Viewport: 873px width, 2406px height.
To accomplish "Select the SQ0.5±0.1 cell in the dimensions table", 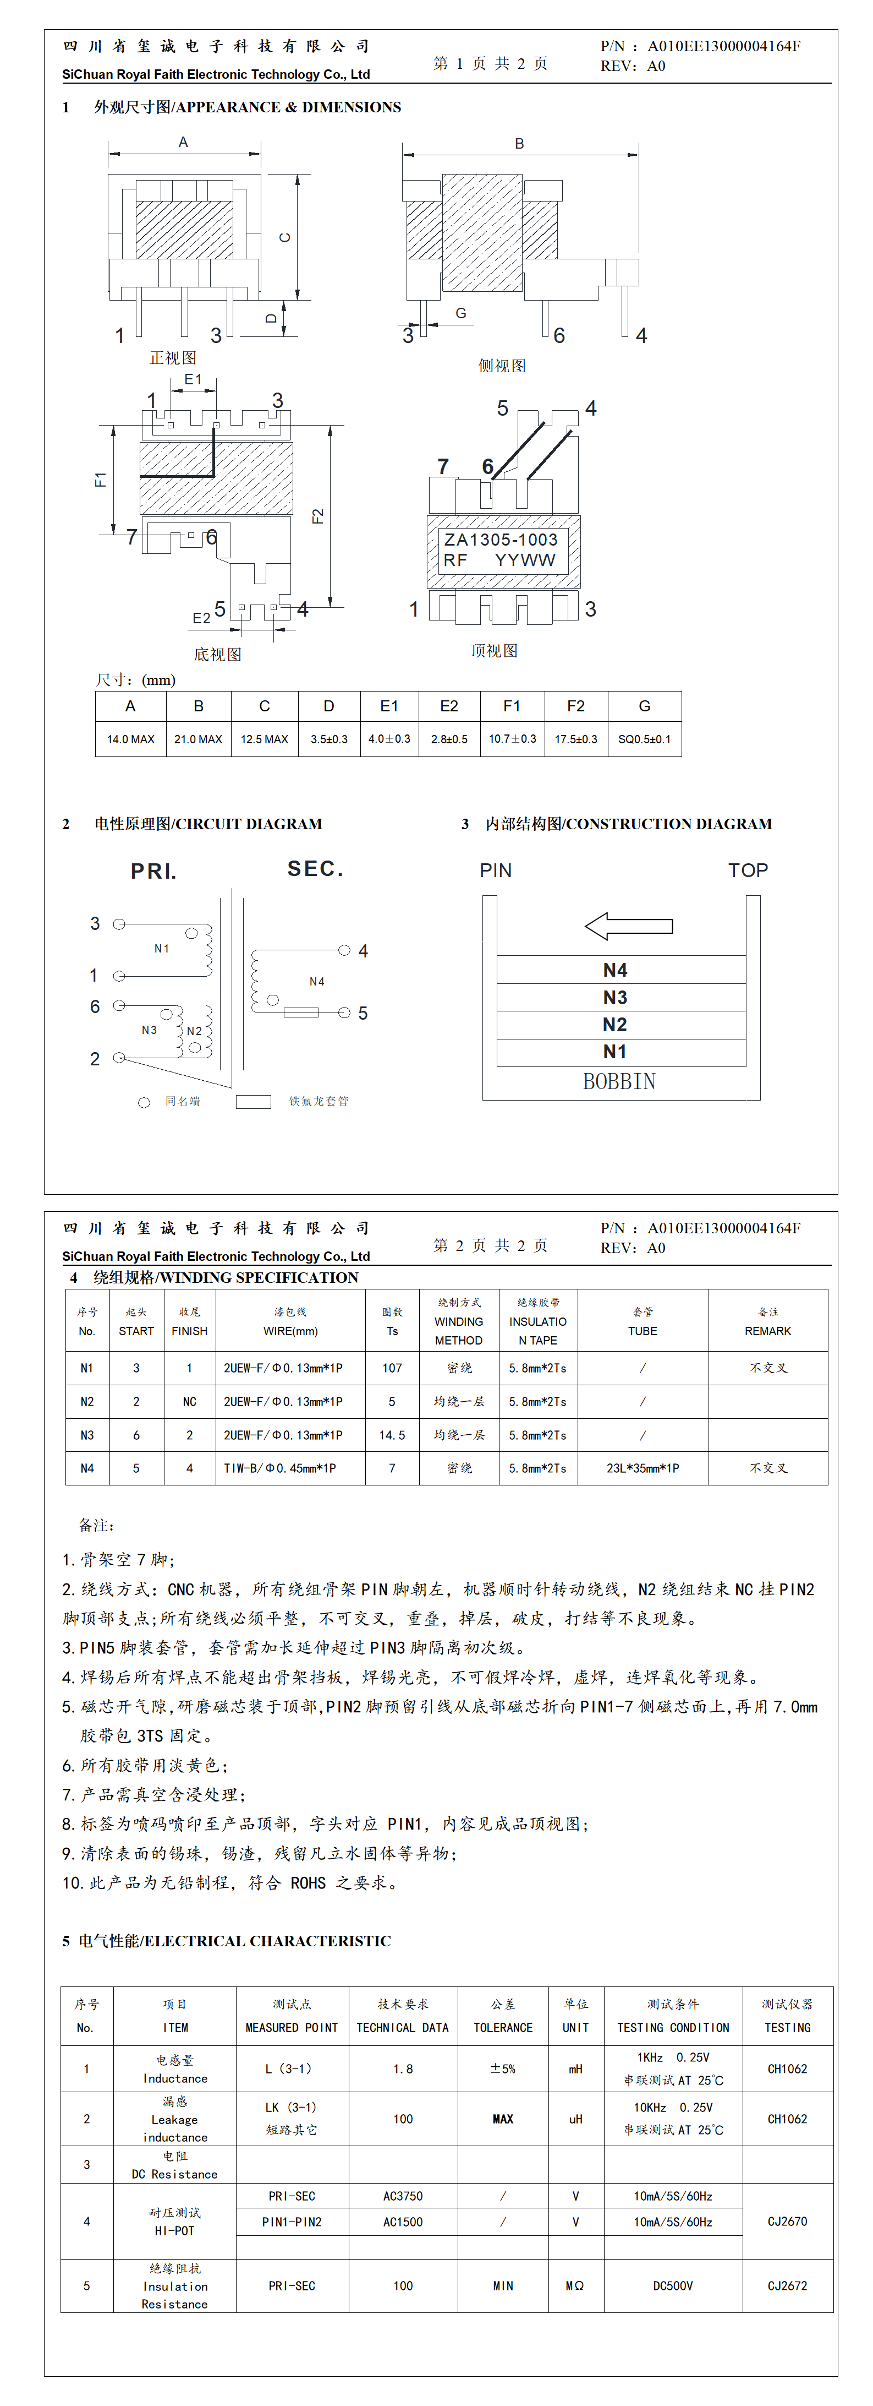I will (x=644, y=739).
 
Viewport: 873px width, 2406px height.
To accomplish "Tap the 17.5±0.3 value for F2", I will (x=576, y=739).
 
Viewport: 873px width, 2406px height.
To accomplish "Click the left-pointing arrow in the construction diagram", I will (x=628, y=926).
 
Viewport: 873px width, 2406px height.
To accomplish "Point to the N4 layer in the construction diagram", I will (x=616, y=970).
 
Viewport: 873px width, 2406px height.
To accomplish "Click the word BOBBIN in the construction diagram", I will (x=619, y=1081).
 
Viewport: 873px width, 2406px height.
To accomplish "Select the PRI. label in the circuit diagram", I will (x=153, y=872).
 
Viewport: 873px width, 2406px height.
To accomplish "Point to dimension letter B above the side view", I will (x=519, y=144).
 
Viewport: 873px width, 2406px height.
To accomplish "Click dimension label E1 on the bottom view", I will (x=193, y=379).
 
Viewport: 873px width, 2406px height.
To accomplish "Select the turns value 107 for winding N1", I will (x=392, y=1368).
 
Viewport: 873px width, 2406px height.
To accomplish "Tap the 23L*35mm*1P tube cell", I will (x=643, y=1468).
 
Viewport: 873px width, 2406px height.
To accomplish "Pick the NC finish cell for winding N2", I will (x=190, y=1402).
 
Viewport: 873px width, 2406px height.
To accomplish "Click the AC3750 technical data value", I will (x=403, y=2196).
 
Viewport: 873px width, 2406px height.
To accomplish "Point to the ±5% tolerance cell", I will (x=502, y=2069).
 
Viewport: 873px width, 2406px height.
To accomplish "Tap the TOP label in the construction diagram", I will (x=748, y=870).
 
